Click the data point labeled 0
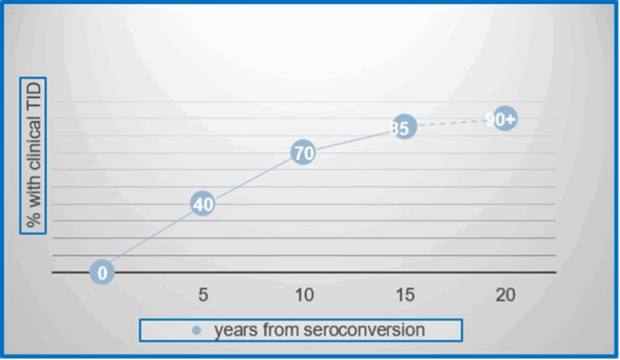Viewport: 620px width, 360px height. coord(102,272)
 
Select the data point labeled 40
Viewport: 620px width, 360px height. coord(203,204)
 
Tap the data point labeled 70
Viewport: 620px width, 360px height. coord(304,152)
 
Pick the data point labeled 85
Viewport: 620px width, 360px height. coord(404,127)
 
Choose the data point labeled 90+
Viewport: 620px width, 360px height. coord(505,118)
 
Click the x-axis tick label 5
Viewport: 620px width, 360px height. coord(203,295)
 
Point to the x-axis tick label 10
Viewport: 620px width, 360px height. coord(304,295)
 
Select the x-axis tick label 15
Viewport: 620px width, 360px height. coord(405,295)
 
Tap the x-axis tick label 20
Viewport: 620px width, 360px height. coord(505,295)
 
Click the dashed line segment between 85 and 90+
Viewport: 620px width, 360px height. coord(455,123)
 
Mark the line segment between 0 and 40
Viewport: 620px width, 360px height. coord(153,238)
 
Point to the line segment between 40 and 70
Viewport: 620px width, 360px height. coord(253,178)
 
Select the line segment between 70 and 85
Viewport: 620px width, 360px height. coord(354,140)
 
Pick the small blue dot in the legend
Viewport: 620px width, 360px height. coord(196,330)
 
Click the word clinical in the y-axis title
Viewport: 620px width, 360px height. coord(33,145)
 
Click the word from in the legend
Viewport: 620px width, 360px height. coord(280,329)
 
